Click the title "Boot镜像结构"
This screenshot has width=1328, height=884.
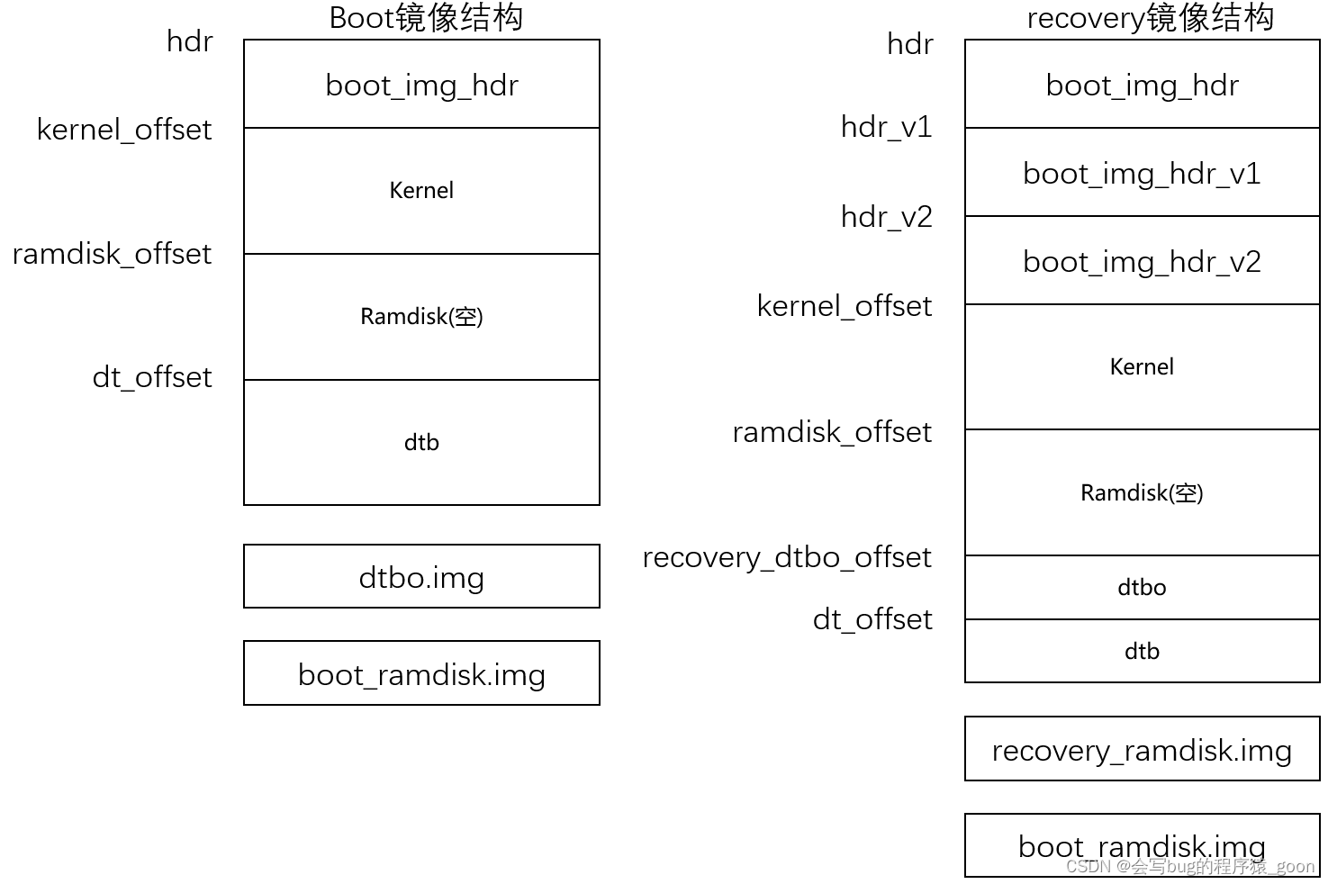[426, 18]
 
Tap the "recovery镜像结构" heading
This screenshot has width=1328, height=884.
[1150, 18]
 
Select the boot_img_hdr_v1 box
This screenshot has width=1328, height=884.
[1142, 173]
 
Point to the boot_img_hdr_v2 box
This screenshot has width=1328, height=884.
[1142, 261]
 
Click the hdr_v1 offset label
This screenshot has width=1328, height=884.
[886, 127]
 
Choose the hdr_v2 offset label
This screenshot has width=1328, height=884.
[886, 217]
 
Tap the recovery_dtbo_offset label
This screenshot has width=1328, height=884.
[786, 557]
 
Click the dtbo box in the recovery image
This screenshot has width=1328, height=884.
[1142, 587]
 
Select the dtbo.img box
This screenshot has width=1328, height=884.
[421, 576]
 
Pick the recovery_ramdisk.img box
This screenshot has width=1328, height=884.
[1142, 749]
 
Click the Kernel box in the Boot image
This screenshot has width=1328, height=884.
[421, 190]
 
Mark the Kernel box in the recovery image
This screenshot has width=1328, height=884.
[1142, 366]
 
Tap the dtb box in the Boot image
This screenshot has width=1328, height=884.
[421, 442]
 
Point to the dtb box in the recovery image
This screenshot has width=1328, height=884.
[1142, 651]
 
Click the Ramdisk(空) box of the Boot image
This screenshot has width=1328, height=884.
[421, 316]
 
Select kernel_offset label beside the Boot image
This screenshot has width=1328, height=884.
[124, 130]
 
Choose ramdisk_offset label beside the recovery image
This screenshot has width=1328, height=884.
[831, 432]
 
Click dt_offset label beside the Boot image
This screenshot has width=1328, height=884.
[152, 377]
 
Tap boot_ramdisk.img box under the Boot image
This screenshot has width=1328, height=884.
[421, 673]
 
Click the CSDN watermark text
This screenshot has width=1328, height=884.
[1189, 866]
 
